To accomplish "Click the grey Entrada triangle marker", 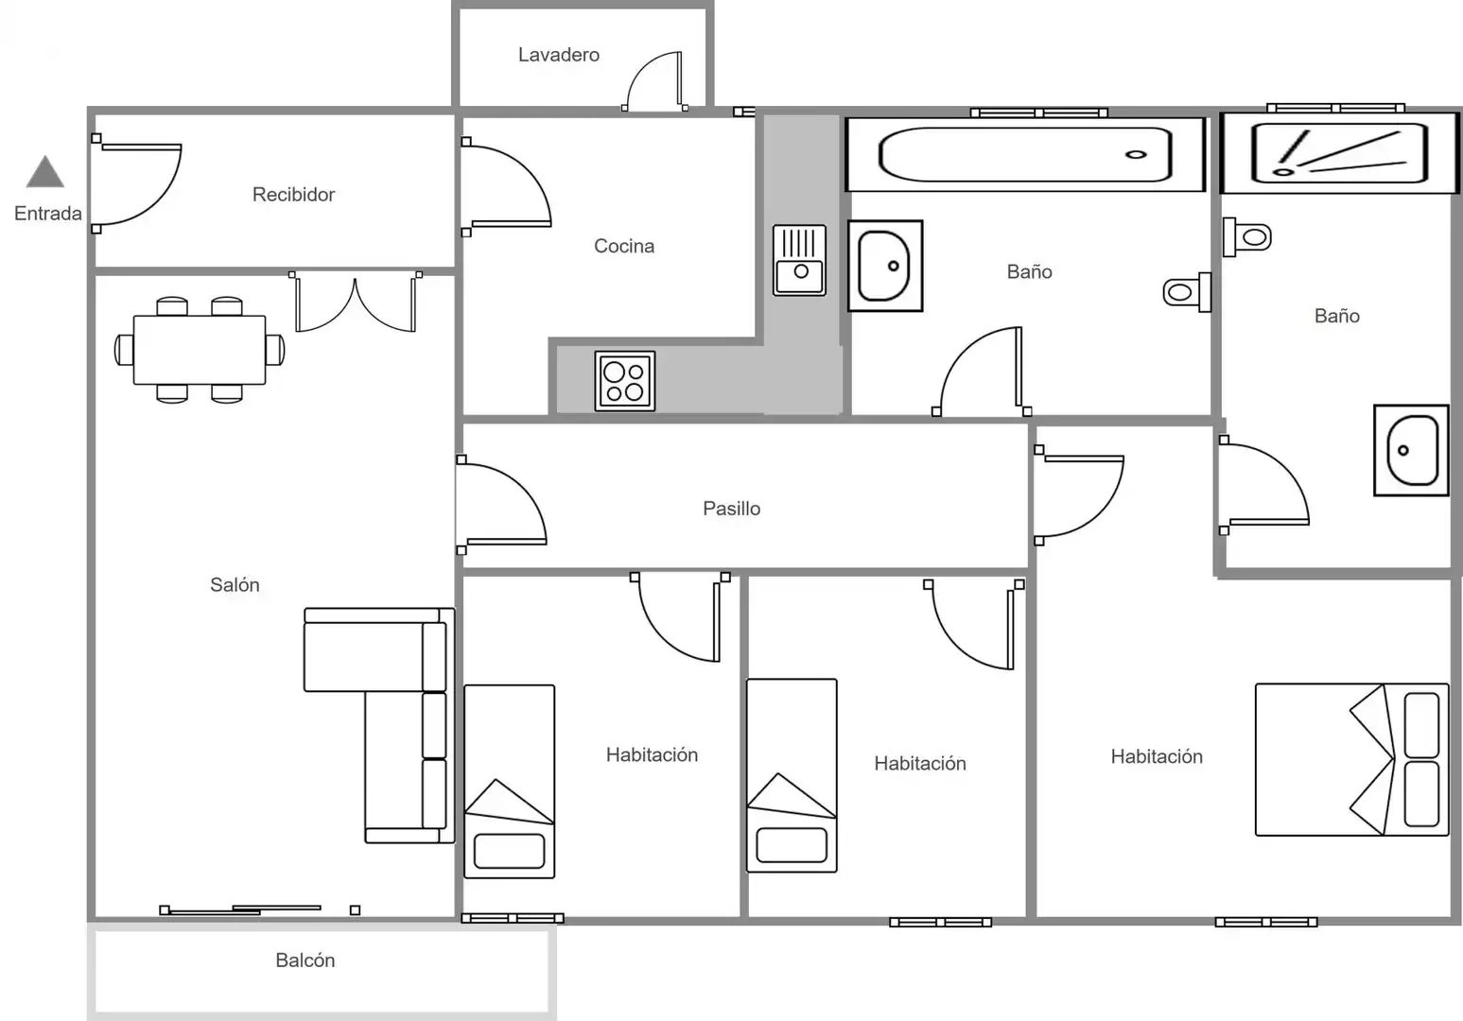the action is pos(45,172).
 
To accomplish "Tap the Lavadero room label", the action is pos(558,55).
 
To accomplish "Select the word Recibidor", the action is pos(293,195).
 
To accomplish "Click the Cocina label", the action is pos(624,246).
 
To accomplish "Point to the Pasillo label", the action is pos(732,509).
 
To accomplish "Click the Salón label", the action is pos(235,585).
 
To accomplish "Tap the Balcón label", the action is pos(305,960).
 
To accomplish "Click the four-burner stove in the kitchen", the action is pos(624,381).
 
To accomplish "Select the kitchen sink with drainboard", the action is pos(799,261).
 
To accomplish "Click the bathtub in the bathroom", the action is pos(1025,155).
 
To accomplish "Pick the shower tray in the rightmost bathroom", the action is pos(1339,153).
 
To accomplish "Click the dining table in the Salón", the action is pos(200,350).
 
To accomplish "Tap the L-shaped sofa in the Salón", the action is pos(379,725).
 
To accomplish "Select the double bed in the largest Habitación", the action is pos(1352,759).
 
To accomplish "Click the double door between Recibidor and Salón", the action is pos(356,302).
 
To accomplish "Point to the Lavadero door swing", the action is pos(654,80).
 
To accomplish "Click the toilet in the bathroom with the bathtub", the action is pos(1187,292).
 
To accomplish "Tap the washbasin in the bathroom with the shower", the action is pos(1411,450).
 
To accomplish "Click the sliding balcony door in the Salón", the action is pos(260,909).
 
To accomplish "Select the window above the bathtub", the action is pos(1038,112).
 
